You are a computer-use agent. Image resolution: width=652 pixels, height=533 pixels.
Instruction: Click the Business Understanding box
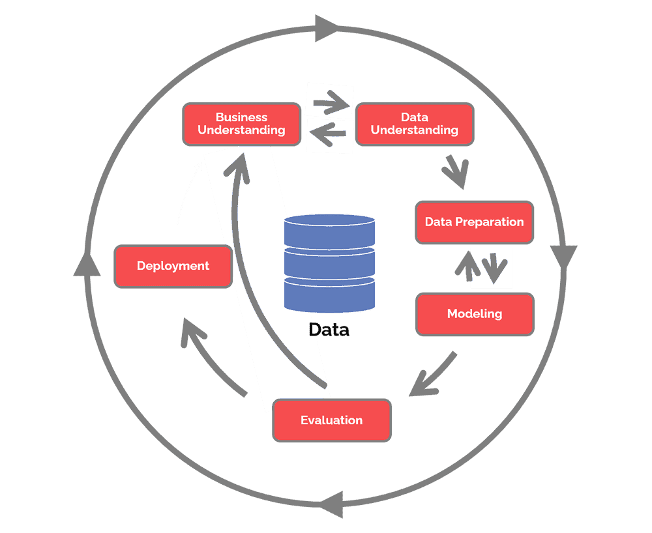[x=241, y=124]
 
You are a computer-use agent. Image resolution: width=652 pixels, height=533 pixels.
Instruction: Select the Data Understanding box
[x=414, y=124]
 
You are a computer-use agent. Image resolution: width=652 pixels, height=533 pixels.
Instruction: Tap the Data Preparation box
[x=474, y=222]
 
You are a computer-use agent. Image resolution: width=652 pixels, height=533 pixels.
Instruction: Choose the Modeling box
[x=474, y=314]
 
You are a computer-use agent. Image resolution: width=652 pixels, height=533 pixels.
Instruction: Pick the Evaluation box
[x=331, y=420]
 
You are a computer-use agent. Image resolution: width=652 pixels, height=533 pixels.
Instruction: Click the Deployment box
[x=173, y=266]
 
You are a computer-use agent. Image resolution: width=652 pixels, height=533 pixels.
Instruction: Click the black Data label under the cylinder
[x=329, y=330]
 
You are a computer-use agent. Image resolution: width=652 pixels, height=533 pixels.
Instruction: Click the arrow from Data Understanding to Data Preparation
[x=454, y=172]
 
